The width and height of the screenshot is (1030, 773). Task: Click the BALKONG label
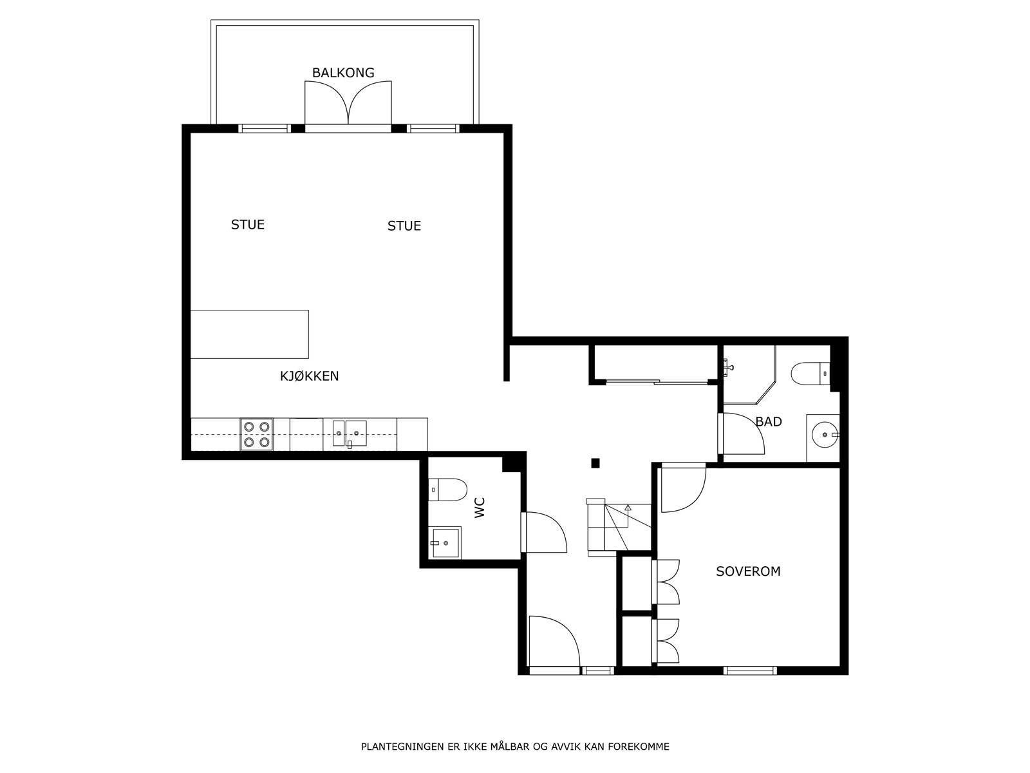click(343, 73)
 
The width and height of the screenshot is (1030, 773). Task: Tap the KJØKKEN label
click(309, 376)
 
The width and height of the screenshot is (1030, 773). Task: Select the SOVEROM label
click(748, 571)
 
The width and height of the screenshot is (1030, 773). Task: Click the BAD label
click(769, 422)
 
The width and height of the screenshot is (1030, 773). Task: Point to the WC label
click(480, 508)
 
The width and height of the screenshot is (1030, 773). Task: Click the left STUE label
click(248, 225)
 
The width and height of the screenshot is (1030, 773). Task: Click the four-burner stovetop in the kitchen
click(256, 434)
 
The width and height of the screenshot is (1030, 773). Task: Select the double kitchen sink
click(349, 434)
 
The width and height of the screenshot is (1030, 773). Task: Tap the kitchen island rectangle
click(249, 334)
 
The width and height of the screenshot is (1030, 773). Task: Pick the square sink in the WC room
click(445, 542)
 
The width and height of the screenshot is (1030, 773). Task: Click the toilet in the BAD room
click(810, 372)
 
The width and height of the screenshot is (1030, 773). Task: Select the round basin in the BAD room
click(824, 435)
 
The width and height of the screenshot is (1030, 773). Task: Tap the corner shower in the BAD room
click(747, 374)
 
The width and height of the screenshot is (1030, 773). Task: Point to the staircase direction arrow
click(628, 508)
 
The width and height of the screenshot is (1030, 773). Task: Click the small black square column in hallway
click(595, 463)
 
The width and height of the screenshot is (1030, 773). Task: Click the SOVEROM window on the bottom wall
click(750, 671)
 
